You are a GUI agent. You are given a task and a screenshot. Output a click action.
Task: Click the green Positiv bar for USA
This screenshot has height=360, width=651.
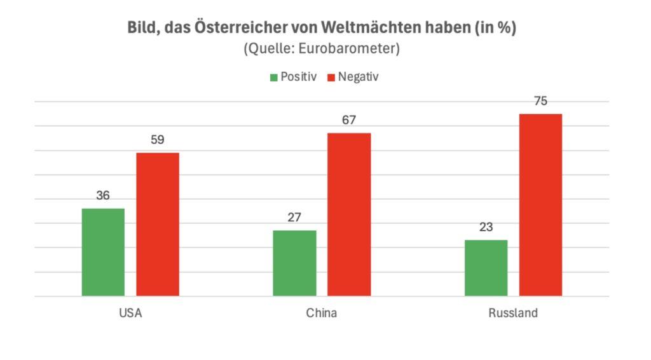point(103,252)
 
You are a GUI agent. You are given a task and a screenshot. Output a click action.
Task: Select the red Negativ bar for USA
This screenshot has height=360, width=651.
point(158,224)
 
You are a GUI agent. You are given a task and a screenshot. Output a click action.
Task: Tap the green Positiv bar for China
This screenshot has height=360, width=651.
point(294,263)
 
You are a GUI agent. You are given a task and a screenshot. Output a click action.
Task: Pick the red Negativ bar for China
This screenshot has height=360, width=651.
point(349,214)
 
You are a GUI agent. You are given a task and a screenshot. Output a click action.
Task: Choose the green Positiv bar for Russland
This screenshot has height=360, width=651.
point(486,268)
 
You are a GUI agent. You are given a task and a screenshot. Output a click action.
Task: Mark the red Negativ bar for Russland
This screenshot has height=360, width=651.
point(540,205)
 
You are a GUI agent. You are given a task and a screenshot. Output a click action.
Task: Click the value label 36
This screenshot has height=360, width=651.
point(103,196)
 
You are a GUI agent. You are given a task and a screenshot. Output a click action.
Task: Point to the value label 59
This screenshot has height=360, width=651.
point(158,140)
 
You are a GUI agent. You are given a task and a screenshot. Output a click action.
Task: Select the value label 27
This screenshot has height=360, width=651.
point(294,218)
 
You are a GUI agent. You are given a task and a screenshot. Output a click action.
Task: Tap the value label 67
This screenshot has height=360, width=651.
point(349,120)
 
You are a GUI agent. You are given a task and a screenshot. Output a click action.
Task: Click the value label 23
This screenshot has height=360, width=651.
point(486,228)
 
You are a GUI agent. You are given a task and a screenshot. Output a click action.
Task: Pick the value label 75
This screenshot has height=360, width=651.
point(540,101)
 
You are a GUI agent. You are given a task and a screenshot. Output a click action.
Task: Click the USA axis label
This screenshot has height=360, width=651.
point(130,314)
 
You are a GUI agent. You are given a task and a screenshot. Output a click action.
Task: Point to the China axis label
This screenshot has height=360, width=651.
point(322,314)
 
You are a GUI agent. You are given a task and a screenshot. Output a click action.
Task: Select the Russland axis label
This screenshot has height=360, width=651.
point(513,314)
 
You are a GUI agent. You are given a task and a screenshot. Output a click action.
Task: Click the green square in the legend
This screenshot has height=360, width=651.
point(274,78)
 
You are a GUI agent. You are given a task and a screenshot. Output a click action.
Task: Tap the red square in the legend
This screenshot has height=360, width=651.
point(331,78)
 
